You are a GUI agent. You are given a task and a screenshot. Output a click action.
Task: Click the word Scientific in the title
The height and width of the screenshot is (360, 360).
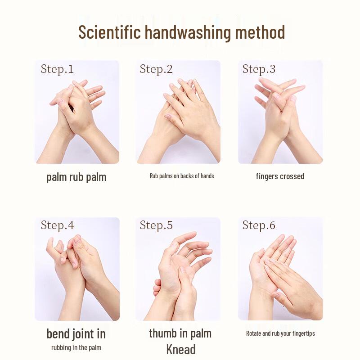[109, 32]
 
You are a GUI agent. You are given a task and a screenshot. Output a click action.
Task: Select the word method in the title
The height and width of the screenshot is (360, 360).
[260, 32]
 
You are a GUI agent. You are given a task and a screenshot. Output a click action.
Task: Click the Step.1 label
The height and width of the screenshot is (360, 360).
[57, 69]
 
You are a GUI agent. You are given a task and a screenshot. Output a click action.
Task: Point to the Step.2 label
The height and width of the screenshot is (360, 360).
[156, 69]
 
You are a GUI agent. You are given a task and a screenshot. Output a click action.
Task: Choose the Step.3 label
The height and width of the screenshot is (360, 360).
[259, 69]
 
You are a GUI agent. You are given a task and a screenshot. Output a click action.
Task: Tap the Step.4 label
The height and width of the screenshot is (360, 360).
[58, 225]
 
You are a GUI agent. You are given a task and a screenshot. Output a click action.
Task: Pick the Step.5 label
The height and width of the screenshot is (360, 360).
[156, 225]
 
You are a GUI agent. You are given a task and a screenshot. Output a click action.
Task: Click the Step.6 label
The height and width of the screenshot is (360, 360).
[259, 225]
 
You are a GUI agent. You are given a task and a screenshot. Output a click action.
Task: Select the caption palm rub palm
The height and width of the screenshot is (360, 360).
[76, 177]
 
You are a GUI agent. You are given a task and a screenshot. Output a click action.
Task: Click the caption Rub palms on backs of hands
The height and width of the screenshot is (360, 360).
[182, 176]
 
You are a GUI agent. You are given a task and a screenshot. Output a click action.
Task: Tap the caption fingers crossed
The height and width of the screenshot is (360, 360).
[280, 176]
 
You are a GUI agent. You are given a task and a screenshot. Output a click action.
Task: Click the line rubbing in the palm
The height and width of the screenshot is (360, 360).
[76, 347]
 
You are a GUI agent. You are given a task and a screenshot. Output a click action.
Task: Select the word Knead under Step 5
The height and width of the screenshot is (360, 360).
[181, 350]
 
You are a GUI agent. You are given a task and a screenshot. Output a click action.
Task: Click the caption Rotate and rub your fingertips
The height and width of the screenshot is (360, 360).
[280, 333]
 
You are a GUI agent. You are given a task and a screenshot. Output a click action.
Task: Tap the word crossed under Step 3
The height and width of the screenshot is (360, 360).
[292, 176]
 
